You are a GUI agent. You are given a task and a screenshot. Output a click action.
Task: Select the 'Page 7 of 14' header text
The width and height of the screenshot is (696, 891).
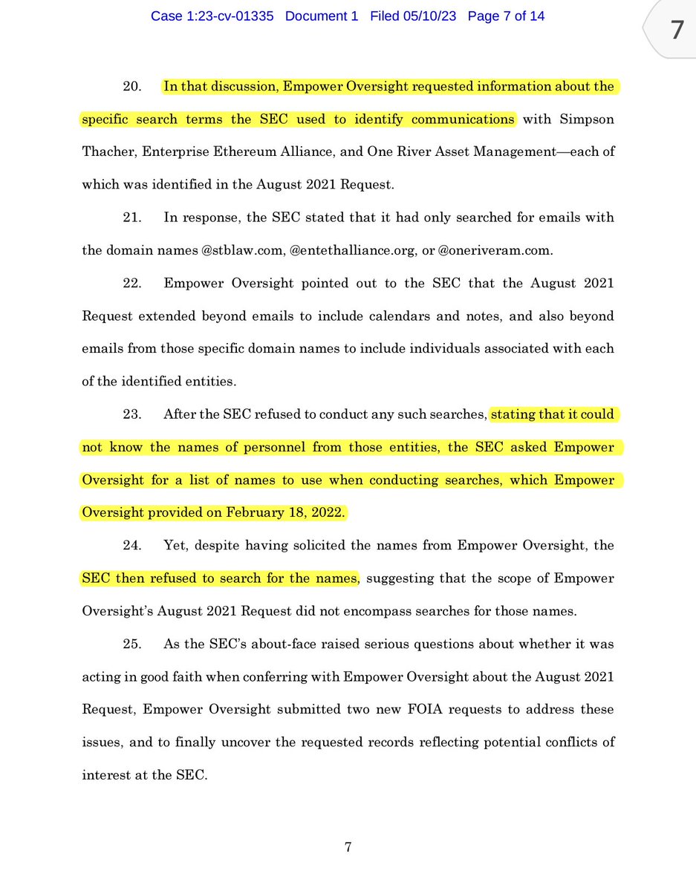point(506,16)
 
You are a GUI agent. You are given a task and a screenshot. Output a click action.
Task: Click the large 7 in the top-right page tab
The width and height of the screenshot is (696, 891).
point(676,30)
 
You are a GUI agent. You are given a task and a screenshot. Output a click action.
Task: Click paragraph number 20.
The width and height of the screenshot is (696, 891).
point(132,87)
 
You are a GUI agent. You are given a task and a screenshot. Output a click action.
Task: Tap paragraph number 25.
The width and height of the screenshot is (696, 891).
point(132,644)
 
